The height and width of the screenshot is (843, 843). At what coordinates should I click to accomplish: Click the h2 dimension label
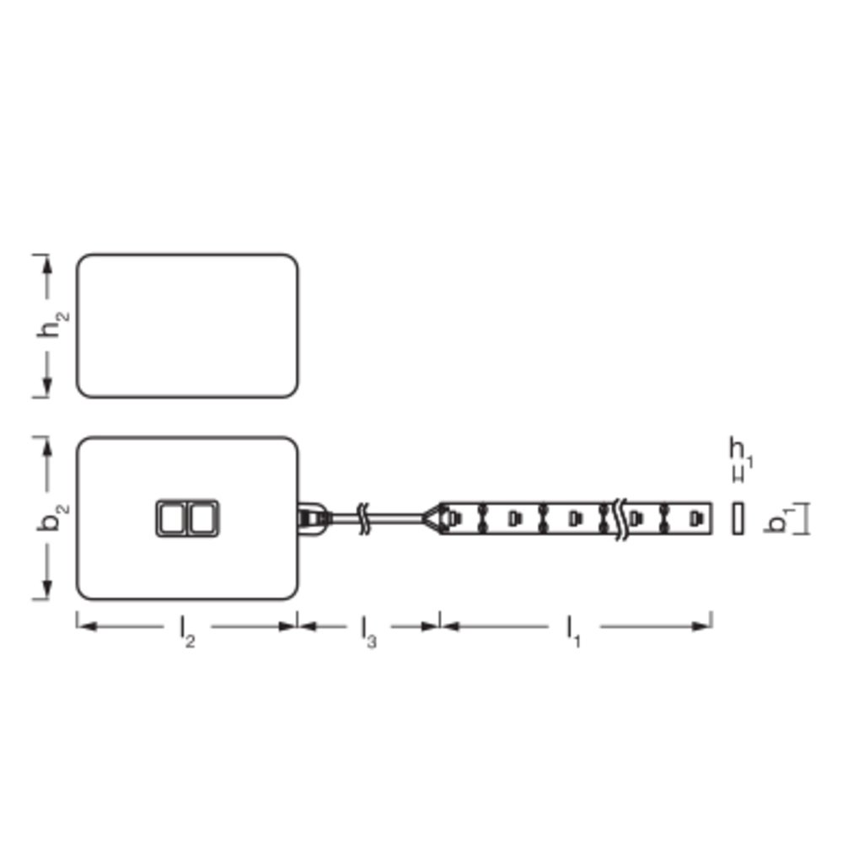[52, 323]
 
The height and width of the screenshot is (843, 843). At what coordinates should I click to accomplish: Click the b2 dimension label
[52, 517]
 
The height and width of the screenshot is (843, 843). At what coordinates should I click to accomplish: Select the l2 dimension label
[187, 631]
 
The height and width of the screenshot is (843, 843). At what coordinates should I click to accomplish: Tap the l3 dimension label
[368, 631]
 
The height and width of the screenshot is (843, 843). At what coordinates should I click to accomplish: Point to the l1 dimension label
[573, 631]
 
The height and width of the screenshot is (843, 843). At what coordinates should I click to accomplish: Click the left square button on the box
[172, 518]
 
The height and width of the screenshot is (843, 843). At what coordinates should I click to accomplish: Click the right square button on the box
[203, 518]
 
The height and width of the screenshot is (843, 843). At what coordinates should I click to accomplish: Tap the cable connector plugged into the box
[313, 518]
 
